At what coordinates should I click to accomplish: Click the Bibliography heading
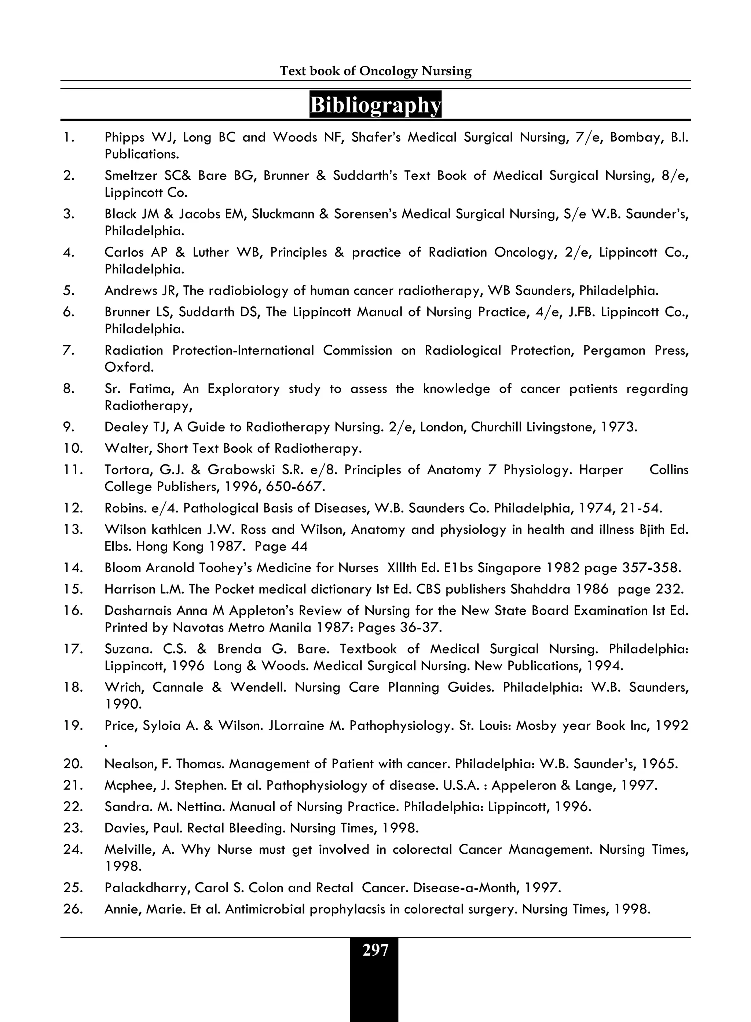(x=375, y=105)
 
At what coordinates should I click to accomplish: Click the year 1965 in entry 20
(x=659, y=764)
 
